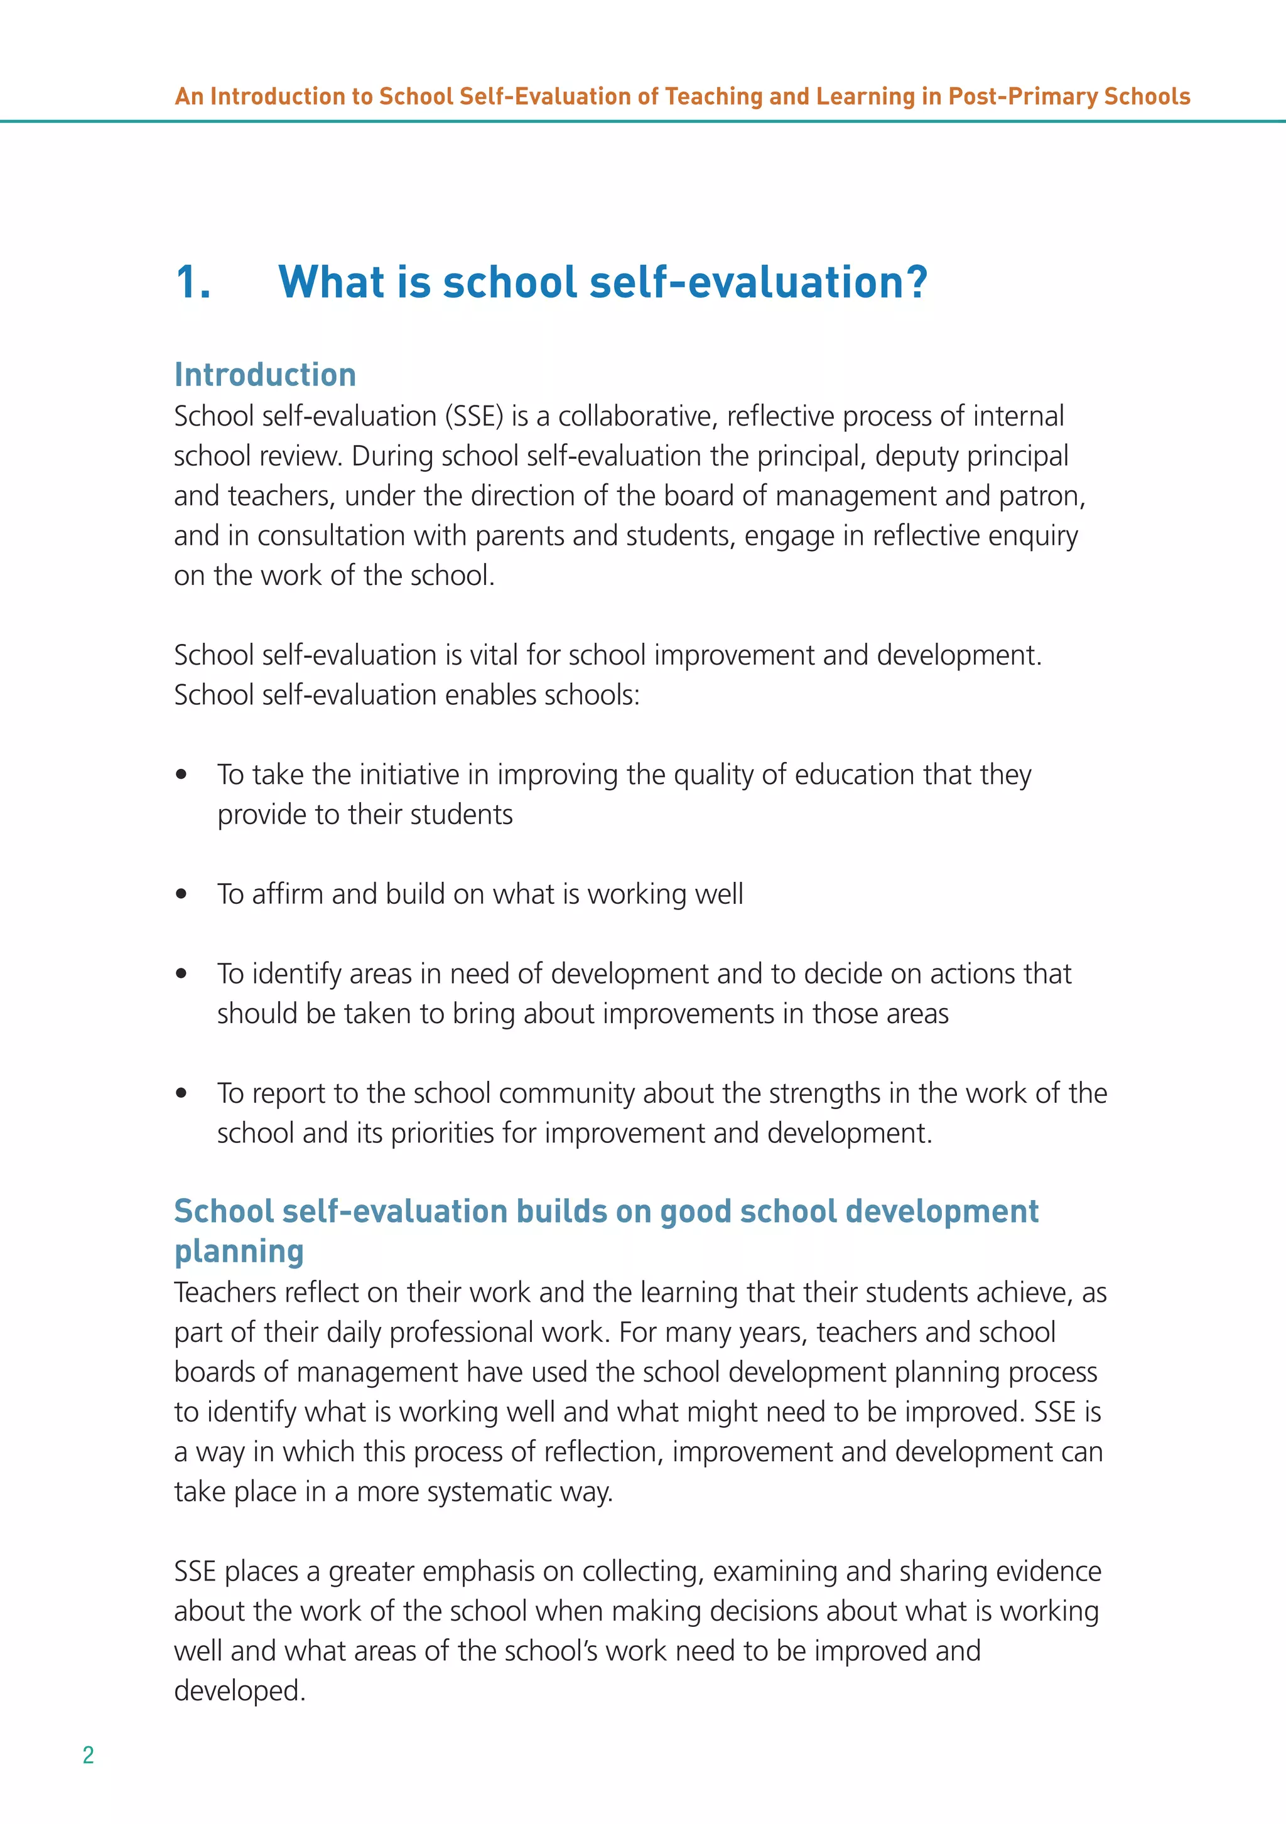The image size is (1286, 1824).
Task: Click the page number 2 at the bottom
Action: [88, 1754]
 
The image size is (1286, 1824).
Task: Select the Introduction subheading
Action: [264, 375]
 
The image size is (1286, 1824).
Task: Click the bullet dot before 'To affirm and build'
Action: [181, 894]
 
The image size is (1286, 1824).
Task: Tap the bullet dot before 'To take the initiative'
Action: [181, 775]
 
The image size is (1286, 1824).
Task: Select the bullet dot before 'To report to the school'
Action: [181, 1093]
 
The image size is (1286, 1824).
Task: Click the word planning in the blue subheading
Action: [239, 1252]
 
